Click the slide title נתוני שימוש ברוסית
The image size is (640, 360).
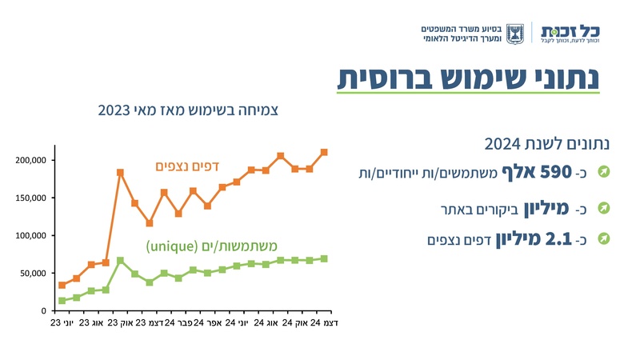[x=468, y=78]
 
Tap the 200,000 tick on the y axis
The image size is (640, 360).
[x=32, y=160]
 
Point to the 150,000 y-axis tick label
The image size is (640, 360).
[x=32, y=198]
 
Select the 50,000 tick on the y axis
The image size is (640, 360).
[x=34, y=273]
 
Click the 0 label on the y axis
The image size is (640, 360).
[x=46, y=310]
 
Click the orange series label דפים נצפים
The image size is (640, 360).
[x=186, y=166]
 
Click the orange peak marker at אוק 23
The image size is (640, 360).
[x=120, y=172]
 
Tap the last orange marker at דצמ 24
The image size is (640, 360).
[x=324, y=152]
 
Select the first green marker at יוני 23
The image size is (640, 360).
[x=62, y=301]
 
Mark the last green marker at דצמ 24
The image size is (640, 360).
[x=324, y=258]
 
